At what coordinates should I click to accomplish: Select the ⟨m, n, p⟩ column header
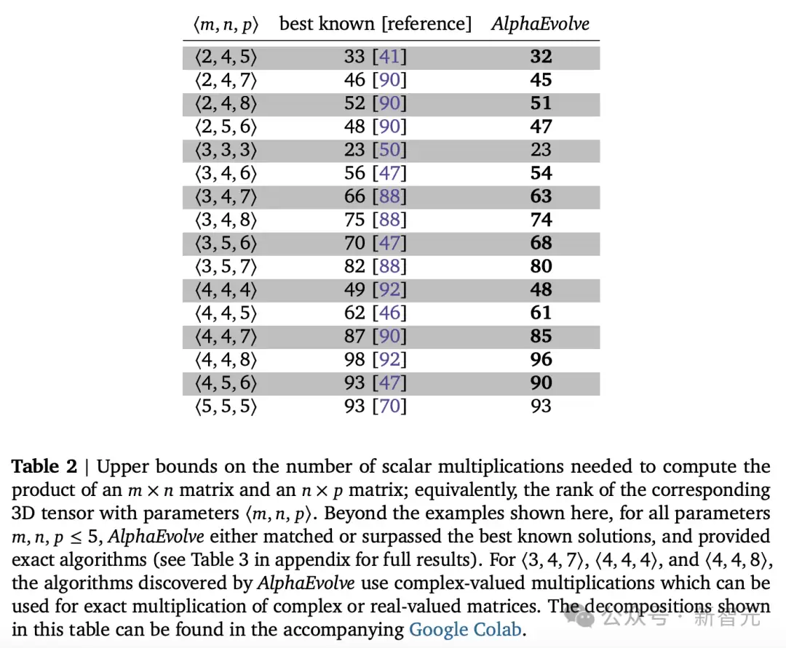tap(226, 25)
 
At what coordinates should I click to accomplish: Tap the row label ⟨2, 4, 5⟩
tap(226, 57)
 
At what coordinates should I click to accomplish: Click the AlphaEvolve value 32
tap(541, 57)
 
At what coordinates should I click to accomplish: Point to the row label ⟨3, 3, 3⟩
tap(226, 151)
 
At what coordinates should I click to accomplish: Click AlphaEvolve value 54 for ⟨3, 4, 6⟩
tap(541, 173)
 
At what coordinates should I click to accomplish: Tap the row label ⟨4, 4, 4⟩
tap(226, 290)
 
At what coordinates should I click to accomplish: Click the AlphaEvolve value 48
tap(541, 289)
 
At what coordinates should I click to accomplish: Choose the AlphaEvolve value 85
tap(541, 336)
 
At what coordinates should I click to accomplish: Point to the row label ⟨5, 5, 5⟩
tap(226, 407)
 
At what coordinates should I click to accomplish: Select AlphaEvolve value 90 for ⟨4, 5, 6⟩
tap(541, 383)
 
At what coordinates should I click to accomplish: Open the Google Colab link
tap(465, 629)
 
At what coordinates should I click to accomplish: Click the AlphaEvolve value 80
tap(541, 266)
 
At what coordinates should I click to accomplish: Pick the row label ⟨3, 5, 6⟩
tap(226, 244)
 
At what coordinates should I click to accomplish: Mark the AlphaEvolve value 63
tap(541, 196)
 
